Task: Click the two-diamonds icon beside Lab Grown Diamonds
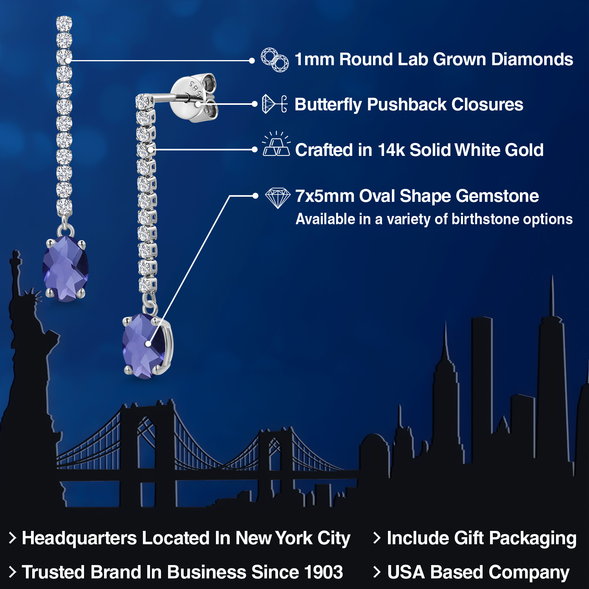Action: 275,60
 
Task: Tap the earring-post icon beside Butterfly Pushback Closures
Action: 274,104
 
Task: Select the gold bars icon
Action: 276,145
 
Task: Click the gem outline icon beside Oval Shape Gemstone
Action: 278,198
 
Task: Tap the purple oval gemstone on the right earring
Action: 146,346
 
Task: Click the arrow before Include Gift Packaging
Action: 377,538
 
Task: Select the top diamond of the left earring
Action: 64,23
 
